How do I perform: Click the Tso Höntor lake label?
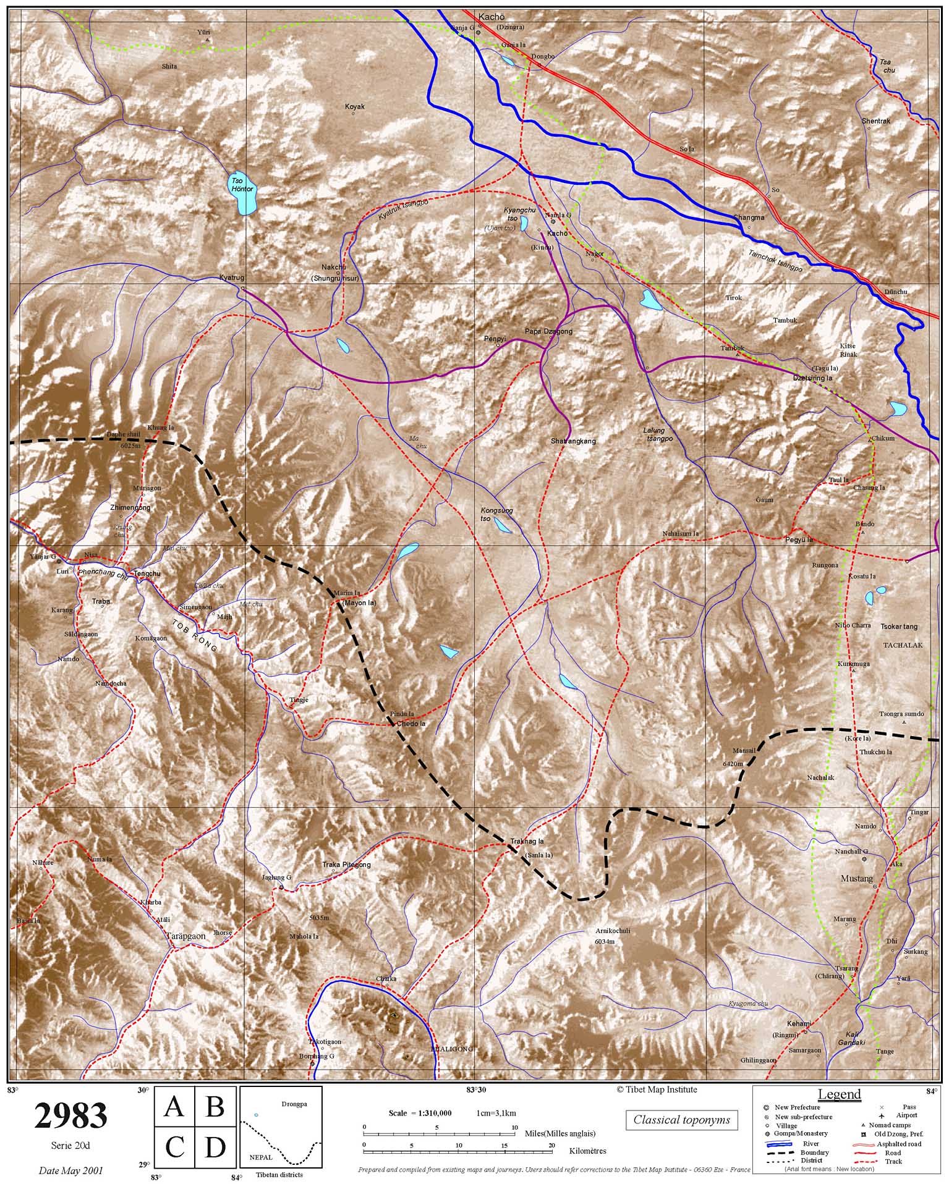coord(242,185)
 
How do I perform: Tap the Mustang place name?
coord(856,878)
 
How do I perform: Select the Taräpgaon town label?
coord(185,936)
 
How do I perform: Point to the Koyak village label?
coord(355,106)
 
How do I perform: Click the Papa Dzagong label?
coord(548,331)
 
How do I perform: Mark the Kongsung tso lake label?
coord(496,514)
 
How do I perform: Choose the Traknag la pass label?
coord(527,841)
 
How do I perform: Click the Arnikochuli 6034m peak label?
coord(605,936)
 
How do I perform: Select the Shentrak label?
coord(875,121)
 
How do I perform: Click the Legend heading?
coord(839,1094)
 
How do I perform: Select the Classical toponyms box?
coord(681,1120)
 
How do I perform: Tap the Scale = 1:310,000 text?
coord(420,1113)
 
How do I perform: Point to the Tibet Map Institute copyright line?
coord(656,1089)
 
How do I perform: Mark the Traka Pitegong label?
coord(346,865)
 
